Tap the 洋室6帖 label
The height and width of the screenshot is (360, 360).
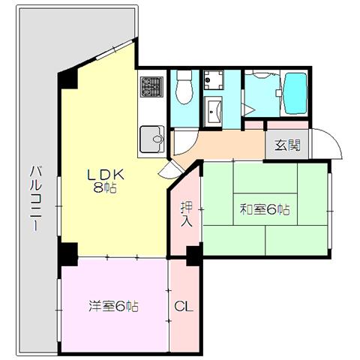[113, 306]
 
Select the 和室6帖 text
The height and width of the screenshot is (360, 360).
[265, 209]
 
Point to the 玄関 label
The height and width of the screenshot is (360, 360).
[287, 145]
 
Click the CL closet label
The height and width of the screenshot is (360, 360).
[184, 306]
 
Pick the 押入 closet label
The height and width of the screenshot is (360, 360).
[187, 214]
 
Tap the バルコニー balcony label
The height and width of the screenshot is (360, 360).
[35, 199]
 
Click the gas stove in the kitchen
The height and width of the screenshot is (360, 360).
[151, 87]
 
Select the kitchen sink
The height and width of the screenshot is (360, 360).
[152, 139]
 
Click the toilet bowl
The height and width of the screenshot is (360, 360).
[184, 87]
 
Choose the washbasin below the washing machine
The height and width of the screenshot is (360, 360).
[213, 112]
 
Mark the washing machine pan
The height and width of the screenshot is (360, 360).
[213, 80]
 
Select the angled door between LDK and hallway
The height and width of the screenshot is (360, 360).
[172, 169]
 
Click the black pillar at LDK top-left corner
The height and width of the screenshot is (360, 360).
[67, 79]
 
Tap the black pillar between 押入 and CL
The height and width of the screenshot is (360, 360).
[194, 256]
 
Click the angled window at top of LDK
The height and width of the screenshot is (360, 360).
[114, 49]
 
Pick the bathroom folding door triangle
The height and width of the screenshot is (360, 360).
[248, 109]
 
